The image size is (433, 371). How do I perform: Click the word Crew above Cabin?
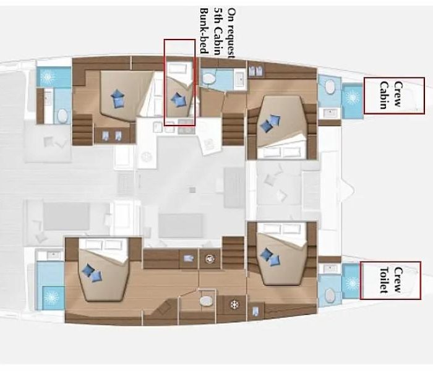(x=397, y=94)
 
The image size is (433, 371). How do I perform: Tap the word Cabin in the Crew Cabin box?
(x=384, y=95)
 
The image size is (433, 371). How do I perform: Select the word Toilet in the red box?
(x=384, y=280)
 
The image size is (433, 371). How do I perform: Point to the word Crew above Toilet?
(x=397, y=279)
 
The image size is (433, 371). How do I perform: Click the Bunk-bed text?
(x=204, y=31)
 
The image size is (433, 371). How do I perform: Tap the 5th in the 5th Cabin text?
(x=218, y=14)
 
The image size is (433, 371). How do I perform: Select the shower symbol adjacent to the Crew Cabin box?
(x=353, y=98)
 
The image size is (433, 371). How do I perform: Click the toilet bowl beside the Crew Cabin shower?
(x=330, y=87)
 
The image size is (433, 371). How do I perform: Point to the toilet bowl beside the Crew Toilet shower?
(x=330, y=296)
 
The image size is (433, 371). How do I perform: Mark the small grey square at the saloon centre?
(x=192, y=190)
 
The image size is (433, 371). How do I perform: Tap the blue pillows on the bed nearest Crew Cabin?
(x=270, y=124)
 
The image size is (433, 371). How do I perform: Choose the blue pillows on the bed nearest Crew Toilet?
(x=270, y=257)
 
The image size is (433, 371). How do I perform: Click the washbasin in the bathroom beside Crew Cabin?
(x=330, y=113)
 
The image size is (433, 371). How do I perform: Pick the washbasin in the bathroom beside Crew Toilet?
(x=330, y=268)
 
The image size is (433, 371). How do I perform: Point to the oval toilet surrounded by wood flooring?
(x=206, y=301)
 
